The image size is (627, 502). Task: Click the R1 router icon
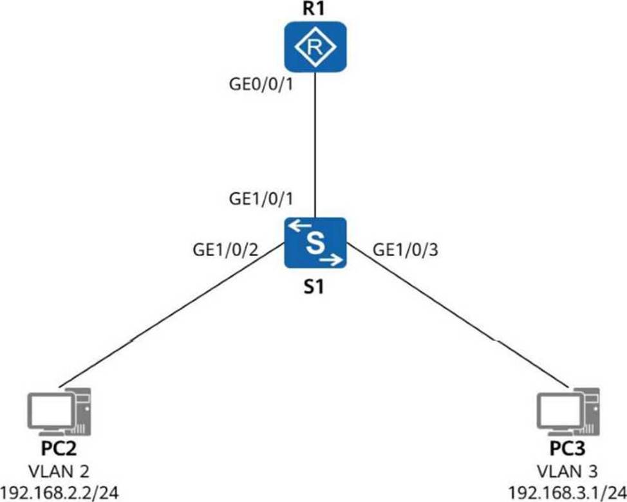315,45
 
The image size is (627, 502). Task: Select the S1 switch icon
315,243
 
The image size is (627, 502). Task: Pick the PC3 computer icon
567,411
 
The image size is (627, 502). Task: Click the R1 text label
315,10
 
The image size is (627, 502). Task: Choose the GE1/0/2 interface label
225,250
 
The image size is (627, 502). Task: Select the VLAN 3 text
567,470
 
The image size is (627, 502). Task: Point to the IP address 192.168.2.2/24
60,492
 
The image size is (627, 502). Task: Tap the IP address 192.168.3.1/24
567,492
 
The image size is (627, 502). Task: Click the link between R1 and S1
315,142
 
